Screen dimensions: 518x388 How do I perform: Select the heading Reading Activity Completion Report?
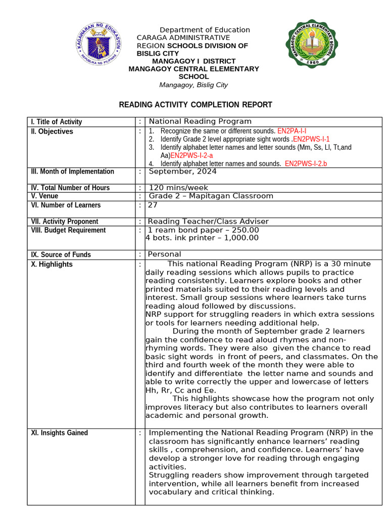tap(188, 105)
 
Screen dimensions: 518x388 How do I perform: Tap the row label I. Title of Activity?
tap(56, 122)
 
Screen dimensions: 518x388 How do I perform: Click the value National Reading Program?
tap(200, 121)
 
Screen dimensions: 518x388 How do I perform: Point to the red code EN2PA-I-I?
tap(292, 131)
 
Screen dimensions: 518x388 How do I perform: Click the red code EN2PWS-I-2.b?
tap(306, 163)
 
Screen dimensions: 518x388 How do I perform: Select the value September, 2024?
tap(182, 171)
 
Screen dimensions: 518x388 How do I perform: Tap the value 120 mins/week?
tap(178, 188)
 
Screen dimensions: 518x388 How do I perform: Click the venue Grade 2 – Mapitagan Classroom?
tap(211, 196)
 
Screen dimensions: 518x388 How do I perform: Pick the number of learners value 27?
tap(153, 205)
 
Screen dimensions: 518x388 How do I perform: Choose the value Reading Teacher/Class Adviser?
tap(208, 221)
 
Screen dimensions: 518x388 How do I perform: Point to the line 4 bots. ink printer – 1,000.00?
tap(202, 238)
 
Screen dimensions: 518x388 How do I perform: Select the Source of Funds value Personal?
tap(164, 254)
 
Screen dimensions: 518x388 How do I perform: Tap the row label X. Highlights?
tap(52, 264)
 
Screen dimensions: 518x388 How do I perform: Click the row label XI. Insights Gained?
tap(59, 433)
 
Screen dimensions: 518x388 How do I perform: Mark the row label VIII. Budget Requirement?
tap(68, 230)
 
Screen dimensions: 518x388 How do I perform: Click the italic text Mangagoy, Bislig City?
tap(193, 85)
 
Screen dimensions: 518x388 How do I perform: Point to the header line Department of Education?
tap(205, 30)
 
